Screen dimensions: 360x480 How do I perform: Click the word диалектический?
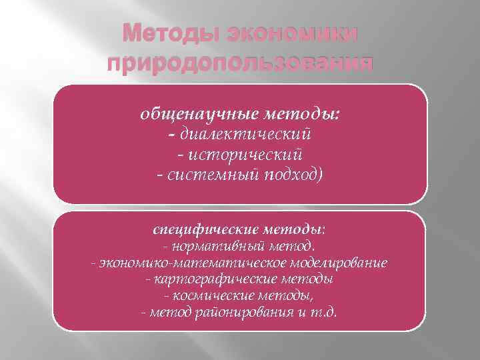[244, 135]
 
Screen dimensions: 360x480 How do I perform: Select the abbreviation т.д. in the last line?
[325, 312]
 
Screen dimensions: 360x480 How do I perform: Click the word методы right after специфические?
[298, 230]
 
